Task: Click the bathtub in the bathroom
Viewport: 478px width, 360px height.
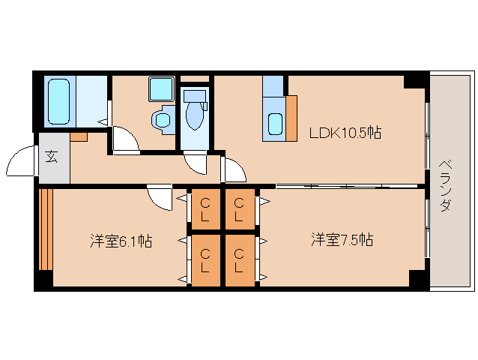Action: (60, 101)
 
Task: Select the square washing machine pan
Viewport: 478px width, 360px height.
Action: (160, 89)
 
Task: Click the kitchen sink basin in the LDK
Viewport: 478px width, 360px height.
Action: (275, 124)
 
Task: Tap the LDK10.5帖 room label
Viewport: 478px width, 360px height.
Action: (345, 133)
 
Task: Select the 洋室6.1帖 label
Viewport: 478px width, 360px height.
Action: (121, 241)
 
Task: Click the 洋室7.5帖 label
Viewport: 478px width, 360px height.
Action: (342, 241)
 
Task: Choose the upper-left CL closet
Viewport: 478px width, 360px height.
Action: (205, 208)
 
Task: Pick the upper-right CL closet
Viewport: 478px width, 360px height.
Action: (238, 208)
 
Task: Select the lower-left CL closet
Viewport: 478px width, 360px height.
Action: (205, 259)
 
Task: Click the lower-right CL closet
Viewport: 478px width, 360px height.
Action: (238, 259)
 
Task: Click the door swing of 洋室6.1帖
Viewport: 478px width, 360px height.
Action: (159, 199)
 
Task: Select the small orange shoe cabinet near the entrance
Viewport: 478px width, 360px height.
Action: (79, 137)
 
